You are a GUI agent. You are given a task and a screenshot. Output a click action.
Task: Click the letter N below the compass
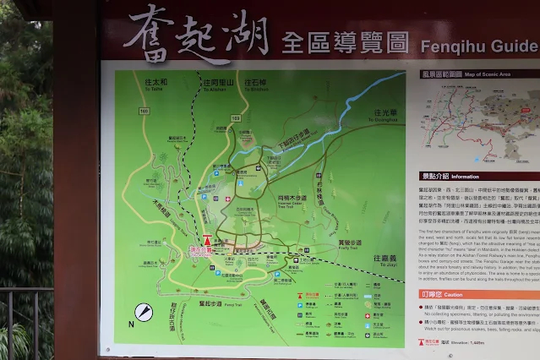coord(131,324)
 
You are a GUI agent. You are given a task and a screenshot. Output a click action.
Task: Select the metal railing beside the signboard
coord(25,321)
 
